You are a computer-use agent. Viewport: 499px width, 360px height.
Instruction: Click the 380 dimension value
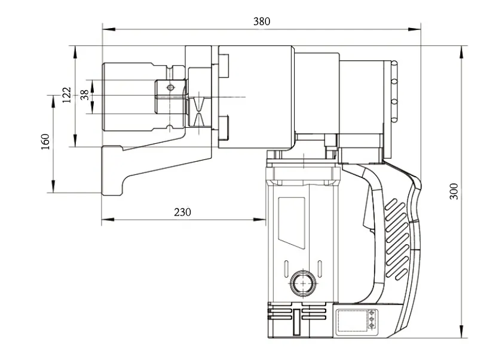click(x=261, y=21)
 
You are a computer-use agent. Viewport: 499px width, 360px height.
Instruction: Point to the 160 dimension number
click(x=45, y=142)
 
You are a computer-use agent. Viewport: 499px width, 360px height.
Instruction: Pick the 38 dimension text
click(x=84, y=94)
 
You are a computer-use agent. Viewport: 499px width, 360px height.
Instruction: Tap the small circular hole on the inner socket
click(x=171, y=88)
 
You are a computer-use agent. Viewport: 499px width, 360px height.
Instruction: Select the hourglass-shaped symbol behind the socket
click(x=199, y=112)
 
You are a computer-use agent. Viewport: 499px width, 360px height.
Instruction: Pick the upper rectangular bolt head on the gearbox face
click(x=225, y=66)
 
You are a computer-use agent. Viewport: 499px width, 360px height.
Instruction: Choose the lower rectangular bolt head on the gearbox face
click(x=225, y=127)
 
